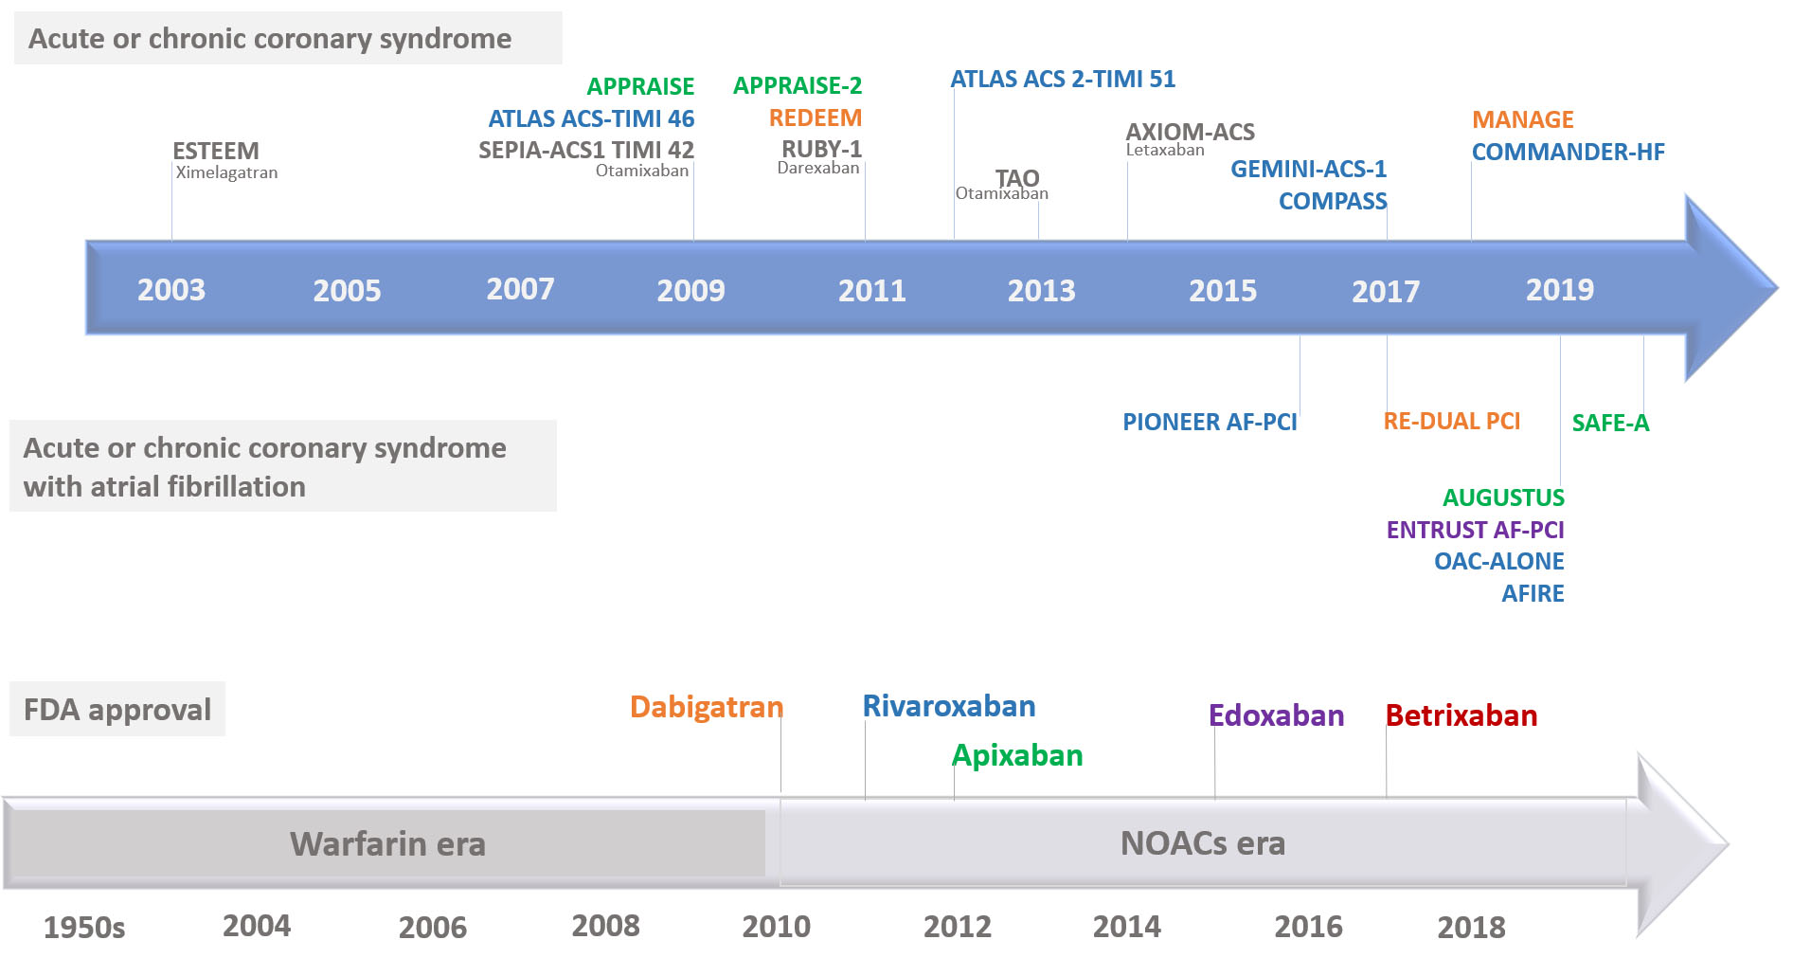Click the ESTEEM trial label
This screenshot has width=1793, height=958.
(215, 151)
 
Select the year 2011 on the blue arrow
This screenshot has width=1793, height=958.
(871, 290)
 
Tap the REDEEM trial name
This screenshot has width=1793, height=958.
(815, 118)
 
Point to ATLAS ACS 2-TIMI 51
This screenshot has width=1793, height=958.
(1062, 80)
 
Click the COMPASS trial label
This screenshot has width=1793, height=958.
(1332, 202)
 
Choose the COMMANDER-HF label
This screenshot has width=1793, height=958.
(1567, 153)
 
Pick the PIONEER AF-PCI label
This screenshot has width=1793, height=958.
(1209, 423)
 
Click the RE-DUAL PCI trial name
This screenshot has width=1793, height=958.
(1451, 422)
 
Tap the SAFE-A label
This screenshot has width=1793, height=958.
(1609, 424)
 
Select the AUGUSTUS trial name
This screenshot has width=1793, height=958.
(1502, 498)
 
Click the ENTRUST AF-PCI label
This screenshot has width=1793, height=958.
(1475, 531)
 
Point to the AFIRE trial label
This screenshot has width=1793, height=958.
(1532, 594)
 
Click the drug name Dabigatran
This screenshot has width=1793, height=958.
(706, 708)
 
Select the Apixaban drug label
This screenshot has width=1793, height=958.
(1016, 756)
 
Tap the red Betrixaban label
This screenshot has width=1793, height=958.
(1461, 716)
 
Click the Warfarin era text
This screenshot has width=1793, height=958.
(387, 844)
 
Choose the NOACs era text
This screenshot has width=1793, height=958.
(1202, 843)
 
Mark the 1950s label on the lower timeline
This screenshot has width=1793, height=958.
(84, 928)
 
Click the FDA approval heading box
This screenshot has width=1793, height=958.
(117, 710)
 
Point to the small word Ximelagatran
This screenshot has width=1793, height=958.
(226, 173)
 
